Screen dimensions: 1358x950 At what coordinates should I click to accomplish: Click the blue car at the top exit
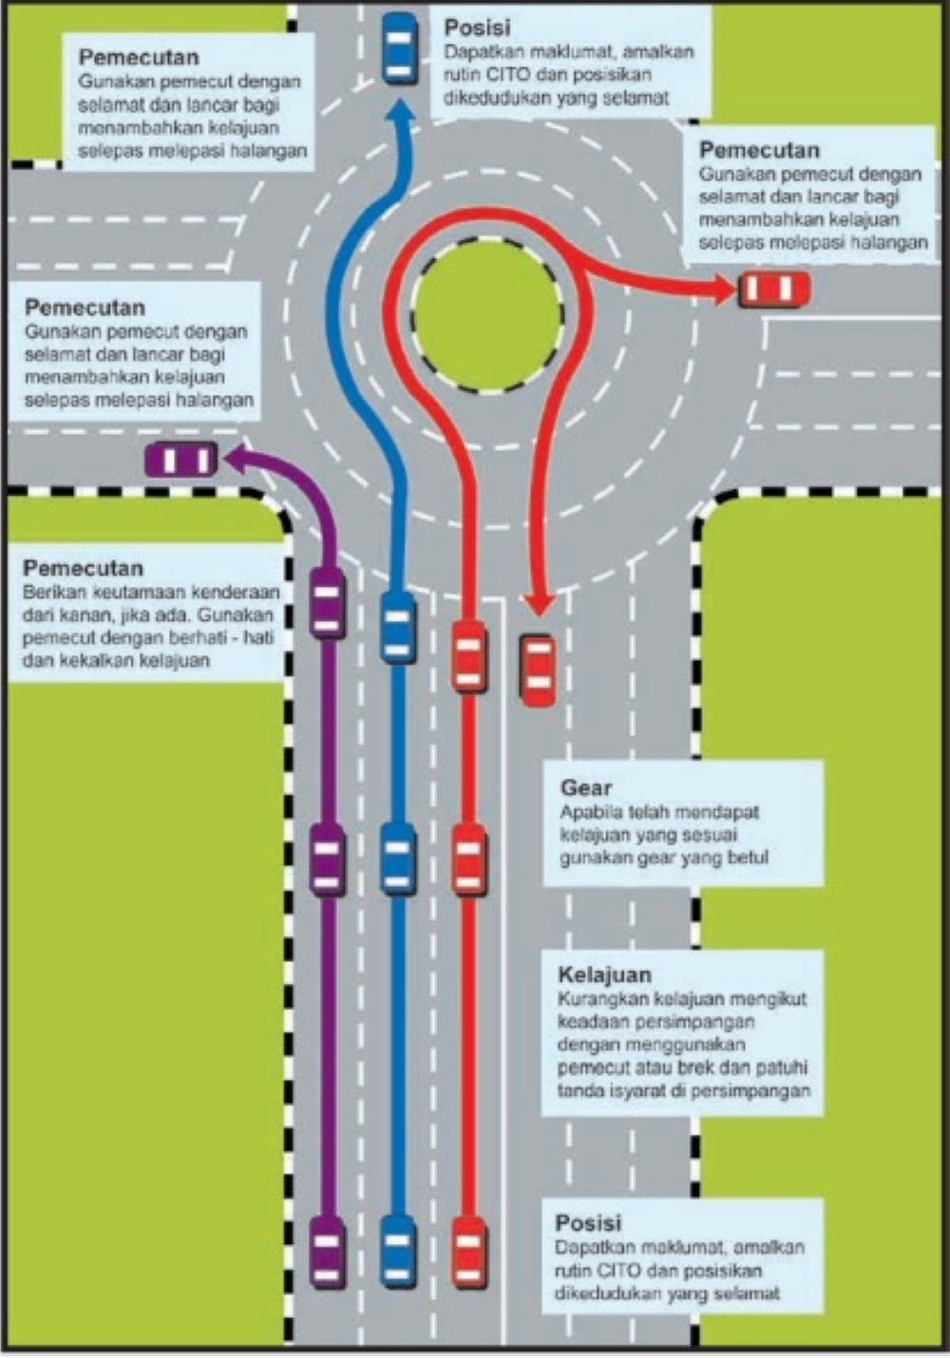399,48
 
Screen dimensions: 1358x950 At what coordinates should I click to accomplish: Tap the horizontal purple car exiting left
181,460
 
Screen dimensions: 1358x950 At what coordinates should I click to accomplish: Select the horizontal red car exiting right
775,289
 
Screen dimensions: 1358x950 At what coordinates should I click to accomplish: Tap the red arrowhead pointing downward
540,604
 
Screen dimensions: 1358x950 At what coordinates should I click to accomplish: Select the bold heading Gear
586,787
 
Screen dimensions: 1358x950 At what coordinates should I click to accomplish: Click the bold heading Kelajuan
604,974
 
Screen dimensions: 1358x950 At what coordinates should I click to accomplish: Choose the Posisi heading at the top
477,28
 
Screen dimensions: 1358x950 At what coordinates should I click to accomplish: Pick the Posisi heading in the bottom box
588,1222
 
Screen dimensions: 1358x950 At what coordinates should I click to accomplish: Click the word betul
747,858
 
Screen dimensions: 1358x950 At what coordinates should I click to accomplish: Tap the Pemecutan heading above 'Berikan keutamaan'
83,568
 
